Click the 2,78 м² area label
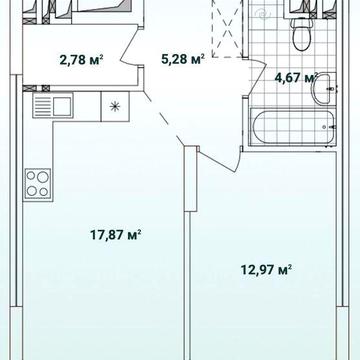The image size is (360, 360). (x=81, y=60)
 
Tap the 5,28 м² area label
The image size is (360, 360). (x=182, y=60)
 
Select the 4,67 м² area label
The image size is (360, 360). (x=295, y=78)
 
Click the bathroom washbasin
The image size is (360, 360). (x=322, y=89)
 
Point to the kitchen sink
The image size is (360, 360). (x=53, y=105)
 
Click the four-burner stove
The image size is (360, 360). (x=37, y=185)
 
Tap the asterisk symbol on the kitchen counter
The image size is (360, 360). (x=115, y=107)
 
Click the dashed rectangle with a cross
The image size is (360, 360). (x=227, y=29)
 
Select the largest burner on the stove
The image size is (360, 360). (x=43, y=178)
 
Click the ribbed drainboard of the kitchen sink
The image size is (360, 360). (x=41, y=106)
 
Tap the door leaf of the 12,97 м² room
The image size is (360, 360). (x=217, y=161)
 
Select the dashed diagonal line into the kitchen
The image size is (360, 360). (x=164, y=119)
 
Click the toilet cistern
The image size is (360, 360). (x=302, y=13)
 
